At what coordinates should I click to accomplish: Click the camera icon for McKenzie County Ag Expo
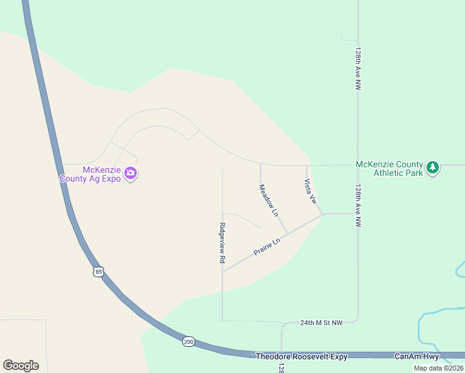click(x=131, y=173)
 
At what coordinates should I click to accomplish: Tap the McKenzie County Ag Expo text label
click(x=90, y=174)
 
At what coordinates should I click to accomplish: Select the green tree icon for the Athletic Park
click(x=433, y=167)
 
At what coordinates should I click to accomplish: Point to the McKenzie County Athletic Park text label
click(x=389, y=168)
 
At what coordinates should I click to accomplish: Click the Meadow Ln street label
click(x=269, y=200)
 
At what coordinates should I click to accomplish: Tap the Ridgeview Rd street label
click(x=222, y=243)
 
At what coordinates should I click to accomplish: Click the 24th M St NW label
click(x=321, y=323)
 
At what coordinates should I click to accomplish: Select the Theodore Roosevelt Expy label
click(x=302, y=356)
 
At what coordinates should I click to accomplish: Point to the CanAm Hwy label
click(x=417, y=356)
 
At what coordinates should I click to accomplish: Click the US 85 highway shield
click(x=98, y=272)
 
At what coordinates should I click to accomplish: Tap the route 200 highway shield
click(x=188, y=341)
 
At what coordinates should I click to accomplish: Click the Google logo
click(x=21, y=366)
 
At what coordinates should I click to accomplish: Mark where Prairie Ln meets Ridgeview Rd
click(x=223, y=271)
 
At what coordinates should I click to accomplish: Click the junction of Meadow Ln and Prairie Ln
click(x=287, y=234)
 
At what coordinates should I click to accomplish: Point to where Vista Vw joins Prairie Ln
click(x=322, y=214)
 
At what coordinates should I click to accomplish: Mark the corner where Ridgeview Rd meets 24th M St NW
click(x=223, y=321)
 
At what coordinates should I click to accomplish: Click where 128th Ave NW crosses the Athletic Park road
click(x=358, y=165)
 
